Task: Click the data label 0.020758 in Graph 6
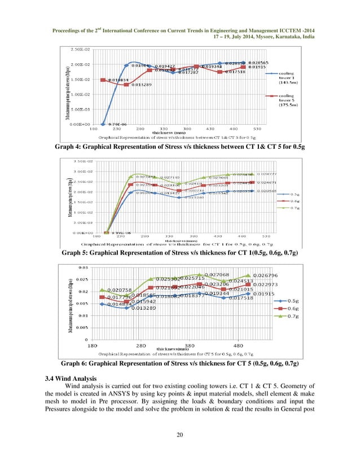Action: click(120, 290)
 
